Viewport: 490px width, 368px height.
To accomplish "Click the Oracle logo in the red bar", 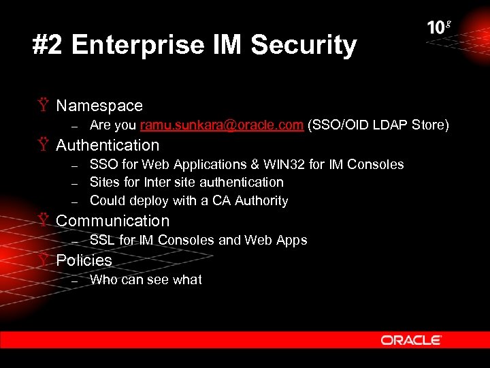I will [411, 340].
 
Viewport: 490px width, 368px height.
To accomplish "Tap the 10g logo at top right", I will [439, 28].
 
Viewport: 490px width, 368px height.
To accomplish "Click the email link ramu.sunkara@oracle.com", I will [222, 125].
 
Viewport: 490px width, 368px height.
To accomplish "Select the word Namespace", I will [99, 106].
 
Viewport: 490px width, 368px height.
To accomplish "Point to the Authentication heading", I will [108, 145].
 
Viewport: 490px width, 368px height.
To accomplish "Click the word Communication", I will [112, 221].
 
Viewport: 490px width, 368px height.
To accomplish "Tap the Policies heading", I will [84, 260].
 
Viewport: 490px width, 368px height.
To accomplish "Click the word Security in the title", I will [304, 46].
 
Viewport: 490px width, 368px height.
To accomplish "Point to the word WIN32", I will [295, 164].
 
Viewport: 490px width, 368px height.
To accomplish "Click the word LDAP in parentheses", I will [385, 125].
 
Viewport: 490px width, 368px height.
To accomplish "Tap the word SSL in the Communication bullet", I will [102, 240].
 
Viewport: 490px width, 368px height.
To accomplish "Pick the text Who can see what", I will [146, 279].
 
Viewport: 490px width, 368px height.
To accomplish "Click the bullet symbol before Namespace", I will [44, 106].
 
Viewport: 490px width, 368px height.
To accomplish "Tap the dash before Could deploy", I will [76, 201].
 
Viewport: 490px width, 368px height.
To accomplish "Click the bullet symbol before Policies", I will [44, 260].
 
